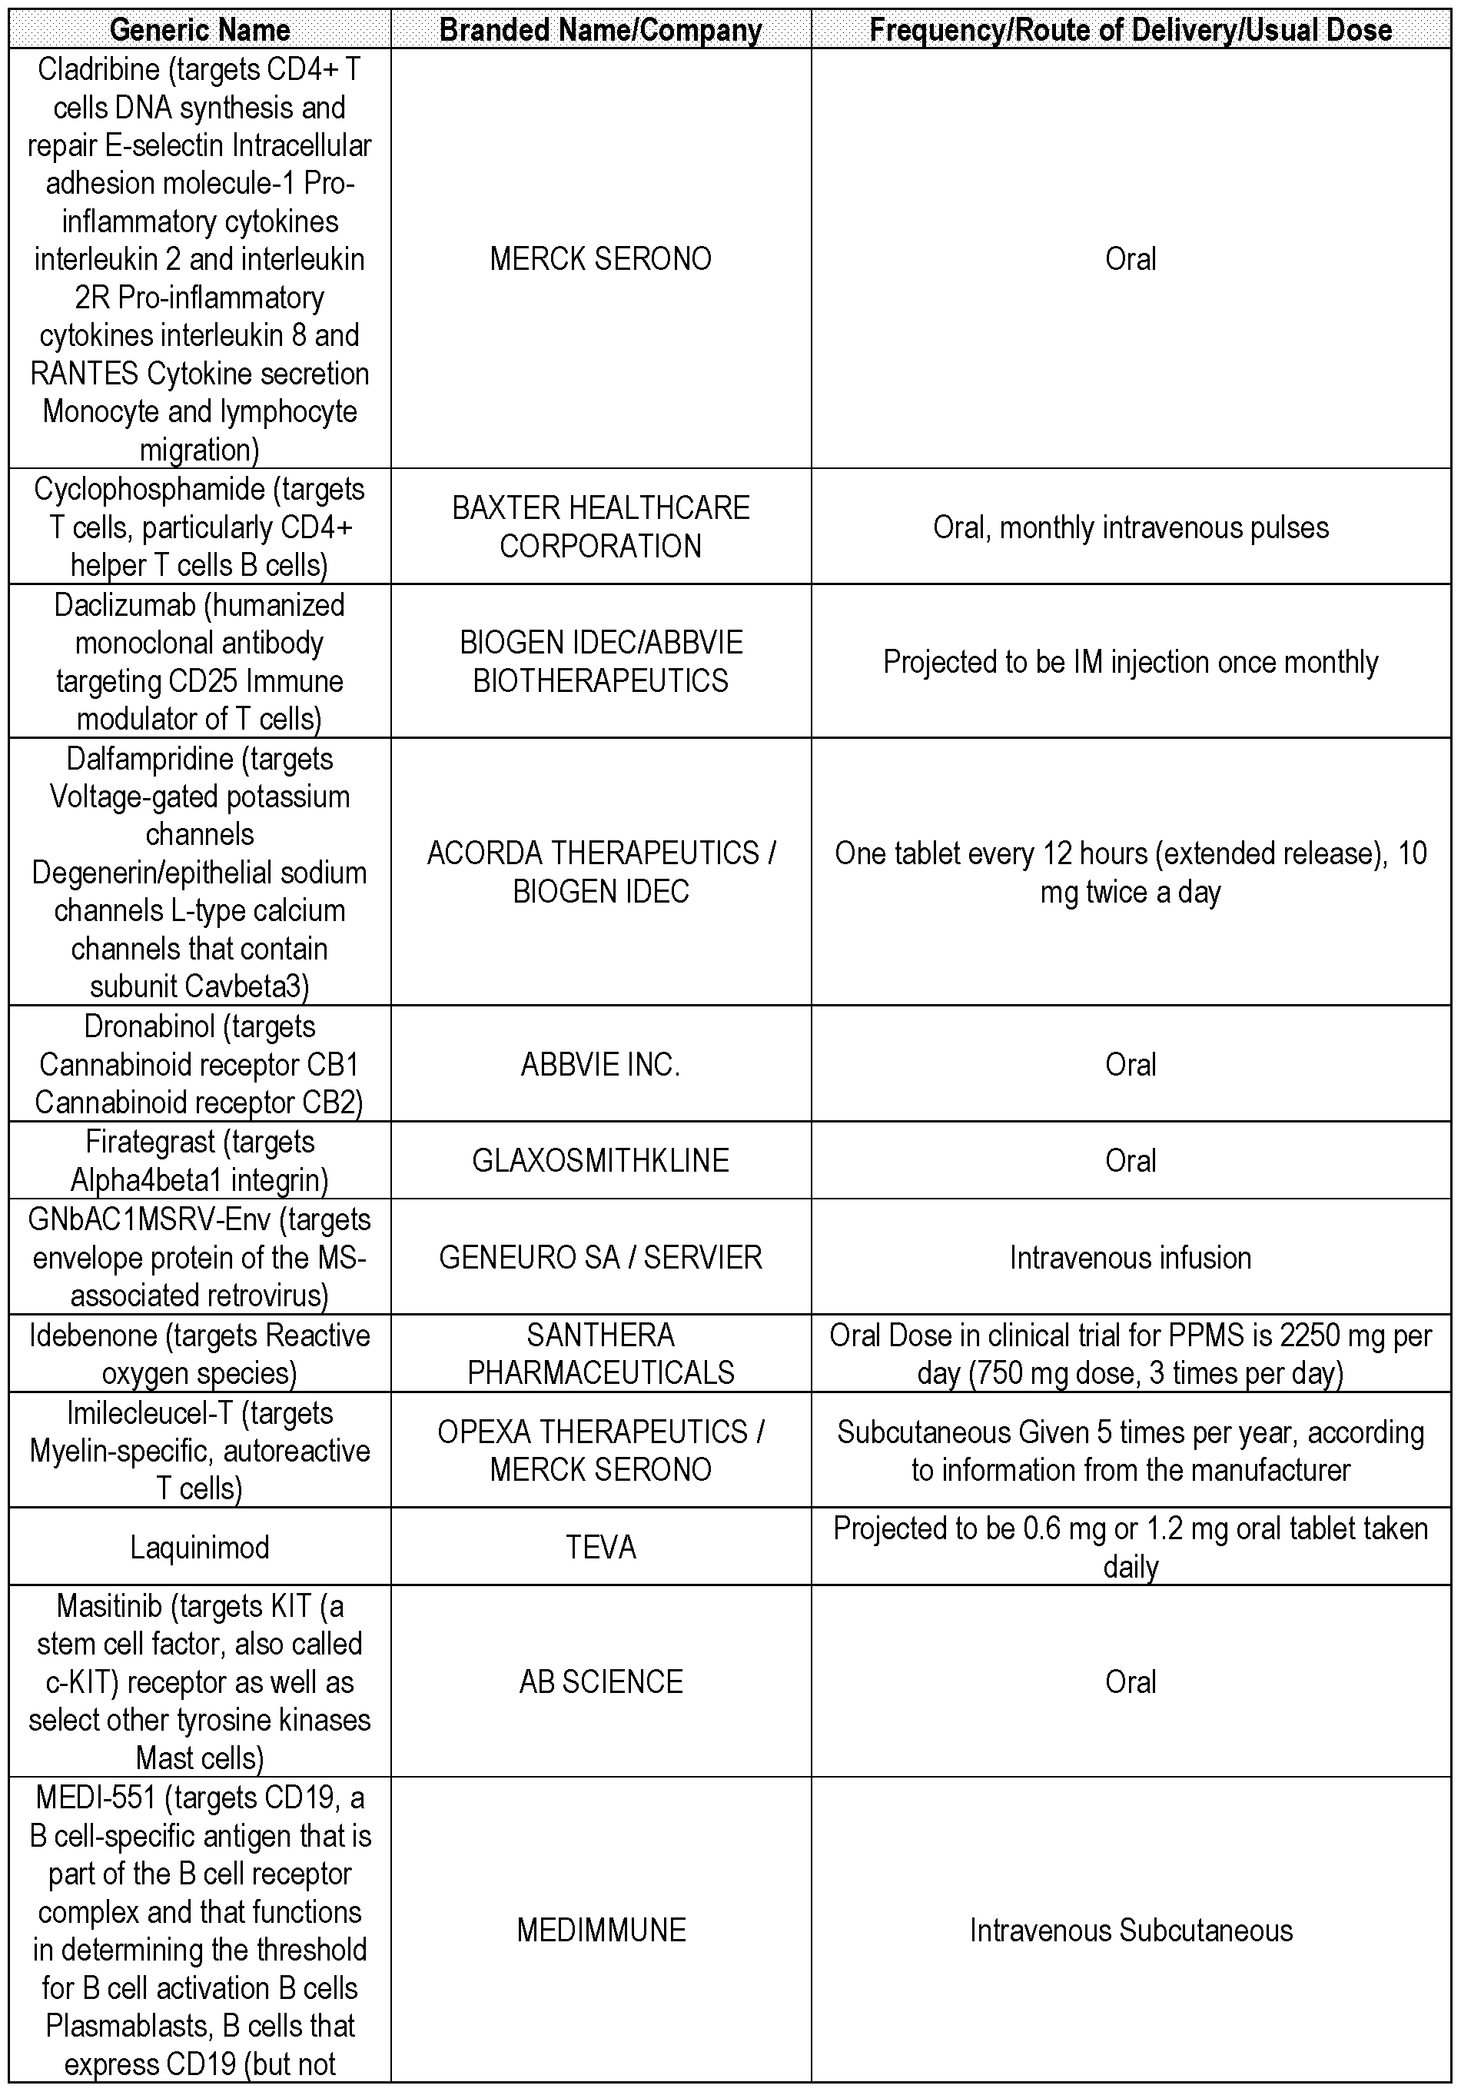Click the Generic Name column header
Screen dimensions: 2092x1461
[200, 30]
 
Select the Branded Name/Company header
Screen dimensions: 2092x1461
[600, 30]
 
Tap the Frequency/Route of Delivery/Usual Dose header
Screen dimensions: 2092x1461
[1131, 30]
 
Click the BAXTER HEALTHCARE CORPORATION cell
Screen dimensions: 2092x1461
[600, 527]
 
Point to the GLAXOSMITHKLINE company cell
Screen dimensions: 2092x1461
[600, 1160]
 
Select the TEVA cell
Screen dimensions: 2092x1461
[600, 1547]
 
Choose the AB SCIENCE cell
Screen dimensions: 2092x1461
[600, 1682]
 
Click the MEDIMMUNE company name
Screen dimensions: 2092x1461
[600, 1930]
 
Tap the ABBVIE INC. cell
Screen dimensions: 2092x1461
[600, 1064]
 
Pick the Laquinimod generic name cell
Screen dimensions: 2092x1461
[200, 1547]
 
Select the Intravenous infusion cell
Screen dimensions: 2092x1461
[1131, 1257]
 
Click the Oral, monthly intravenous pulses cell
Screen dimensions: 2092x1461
[1131, 527]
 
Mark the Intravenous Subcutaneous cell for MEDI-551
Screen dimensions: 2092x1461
[1131, 1930]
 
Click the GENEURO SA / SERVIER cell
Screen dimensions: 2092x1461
[600, 1257]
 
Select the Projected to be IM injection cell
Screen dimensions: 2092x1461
[1131, 661]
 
